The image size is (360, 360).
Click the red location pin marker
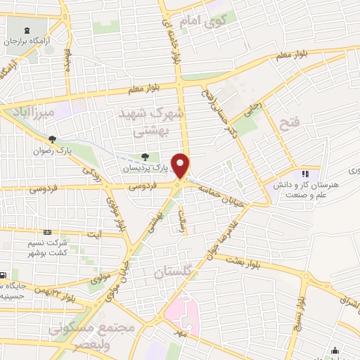(x=181, y=166)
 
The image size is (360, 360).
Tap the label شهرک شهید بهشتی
(x=152, y=121)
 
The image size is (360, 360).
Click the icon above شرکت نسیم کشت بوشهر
(x=47, y=232)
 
